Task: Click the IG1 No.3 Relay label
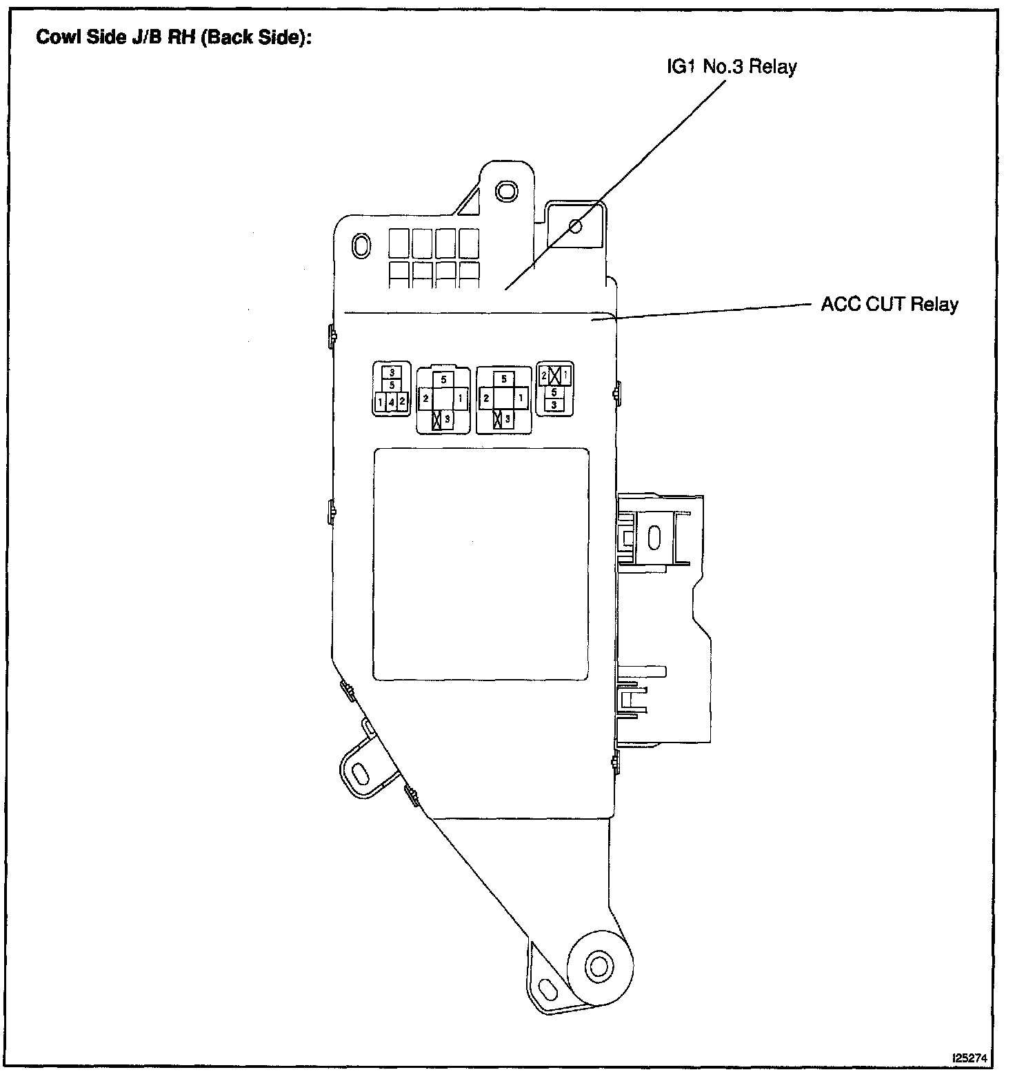[731, 67]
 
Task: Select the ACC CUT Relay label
[889, 304]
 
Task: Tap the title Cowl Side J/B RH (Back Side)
[174, 37]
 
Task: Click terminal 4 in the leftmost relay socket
[391, 401]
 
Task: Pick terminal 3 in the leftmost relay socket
[391, 372]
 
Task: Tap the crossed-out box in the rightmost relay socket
[555, 376]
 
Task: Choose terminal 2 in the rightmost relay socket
[544, 376]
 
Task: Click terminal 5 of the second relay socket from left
[443, 379]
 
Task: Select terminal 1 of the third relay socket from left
[521, 398]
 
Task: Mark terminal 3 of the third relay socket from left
[507, 418]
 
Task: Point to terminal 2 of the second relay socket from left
[426, 398]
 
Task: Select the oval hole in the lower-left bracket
[360, 769]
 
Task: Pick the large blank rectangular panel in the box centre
[481, 564]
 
